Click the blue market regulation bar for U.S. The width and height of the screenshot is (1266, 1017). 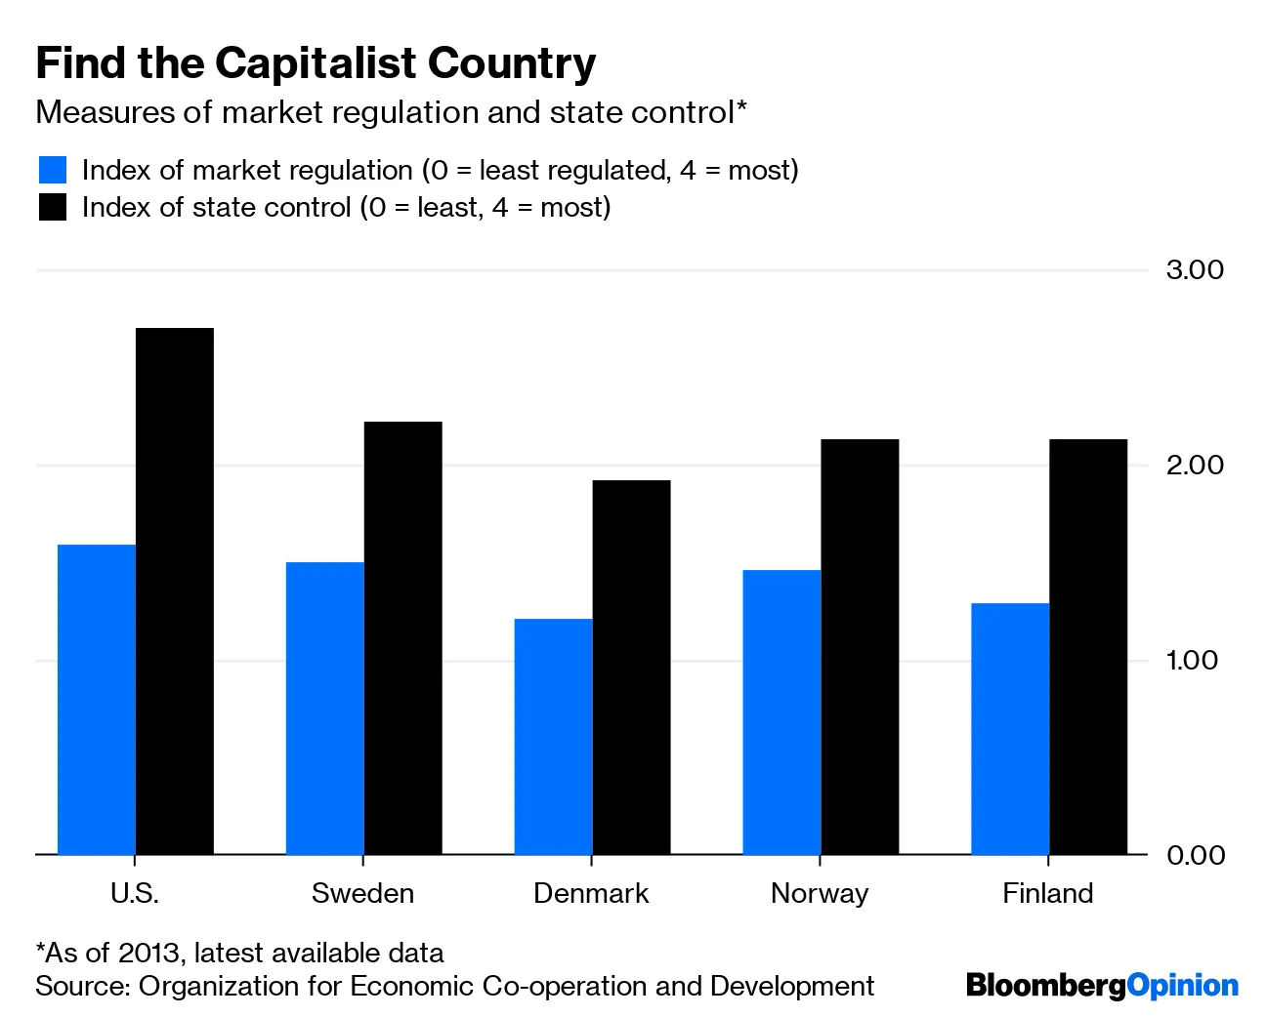[x=97, y=699]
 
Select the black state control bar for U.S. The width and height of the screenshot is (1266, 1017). [x=175, y=590]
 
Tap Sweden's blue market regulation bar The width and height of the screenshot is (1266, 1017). [x=325, y=708]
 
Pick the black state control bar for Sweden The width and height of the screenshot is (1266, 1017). [x=403, y=637]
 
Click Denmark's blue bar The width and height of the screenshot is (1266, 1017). [x=554, y=736]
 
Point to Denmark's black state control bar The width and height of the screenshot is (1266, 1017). [x=632, y=667]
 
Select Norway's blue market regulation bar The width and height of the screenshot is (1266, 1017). [x=781, y=712]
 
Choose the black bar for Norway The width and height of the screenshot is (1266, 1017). [x=860, y=646]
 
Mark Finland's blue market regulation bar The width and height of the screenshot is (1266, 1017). [x=1010, y=728]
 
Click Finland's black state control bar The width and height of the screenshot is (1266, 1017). [x=1088, y=646]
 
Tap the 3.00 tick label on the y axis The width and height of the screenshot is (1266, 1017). [x=1195, y=269]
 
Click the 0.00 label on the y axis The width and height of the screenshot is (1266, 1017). [x=1195, y=855]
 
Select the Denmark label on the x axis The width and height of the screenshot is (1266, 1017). [x=591, y=893]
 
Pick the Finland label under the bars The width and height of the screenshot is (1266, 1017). [x=1047, y=893]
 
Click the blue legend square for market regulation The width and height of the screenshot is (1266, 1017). [x=53, y=170]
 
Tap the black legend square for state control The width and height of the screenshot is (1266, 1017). [x=53, y=207]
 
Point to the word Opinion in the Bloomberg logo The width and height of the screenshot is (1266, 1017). [x=1183, y=986]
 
